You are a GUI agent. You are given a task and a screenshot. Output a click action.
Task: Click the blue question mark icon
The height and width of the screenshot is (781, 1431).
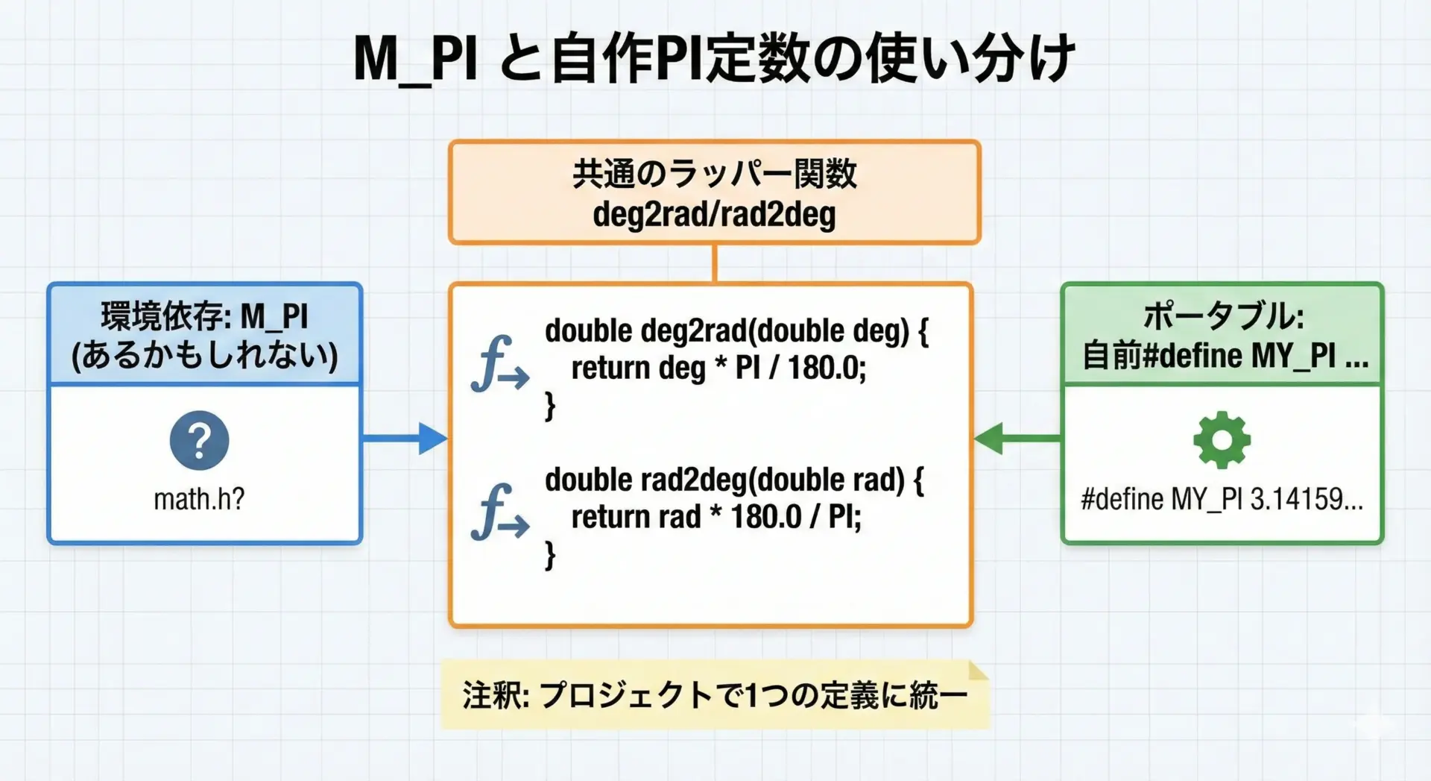(199, 441)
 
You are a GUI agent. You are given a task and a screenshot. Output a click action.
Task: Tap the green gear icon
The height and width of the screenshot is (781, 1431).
(1222, 440)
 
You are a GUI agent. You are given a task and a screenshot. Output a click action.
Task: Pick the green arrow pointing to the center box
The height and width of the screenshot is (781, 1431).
(1017, 439)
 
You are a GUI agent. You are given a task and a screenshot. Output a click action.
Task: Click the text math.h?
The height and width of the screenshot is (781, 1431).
(199, 499)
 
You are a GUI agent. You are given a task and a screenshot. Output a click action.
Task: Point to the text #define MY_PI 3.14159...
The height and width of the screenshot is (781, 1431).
(1222, 499)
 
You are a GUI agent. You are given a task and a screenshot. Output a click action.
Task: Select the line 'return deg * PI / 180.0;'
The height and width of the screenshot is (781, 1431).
(718, 368)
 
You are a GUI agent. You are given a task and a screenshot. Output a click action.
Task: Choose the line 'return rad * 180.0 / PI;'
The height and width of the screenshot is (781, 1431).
(715, 517)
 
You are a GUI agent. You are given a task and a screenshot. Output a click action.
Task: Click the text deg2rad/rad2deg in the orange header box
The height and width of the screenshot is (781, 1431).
(714, 215)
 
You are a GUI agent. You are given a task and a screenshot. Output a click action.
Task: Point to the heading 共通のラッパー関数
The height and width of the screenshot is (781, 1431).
(714, 175)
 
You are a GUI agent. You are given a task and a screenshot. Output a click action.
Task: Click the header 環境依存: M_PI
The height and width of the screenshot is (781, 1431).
(204, 316)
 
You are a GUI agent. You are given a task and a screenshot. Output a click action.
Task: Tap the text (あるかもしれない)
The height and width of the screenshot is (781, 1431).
(204, 356)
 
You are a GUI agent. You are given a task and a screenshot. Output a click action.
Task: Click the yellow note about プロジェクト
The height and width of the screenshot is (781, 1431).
(714, 695)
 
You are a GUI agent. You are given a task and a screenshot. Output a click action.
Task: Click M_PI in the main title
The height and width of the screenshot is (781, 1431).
(414, 58)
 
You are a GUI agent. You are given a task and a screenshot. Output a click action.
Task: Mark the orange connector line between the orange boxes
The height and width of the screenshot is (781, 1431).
(714, 263)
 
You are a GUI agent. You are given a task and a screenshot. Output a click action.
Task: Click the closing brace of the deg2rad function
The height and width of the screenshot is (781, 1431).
(550, 407)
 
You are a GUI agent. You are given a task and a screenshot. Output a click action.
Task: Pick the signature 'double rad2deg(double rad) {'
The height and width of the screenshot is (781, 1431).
(734, 480)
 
